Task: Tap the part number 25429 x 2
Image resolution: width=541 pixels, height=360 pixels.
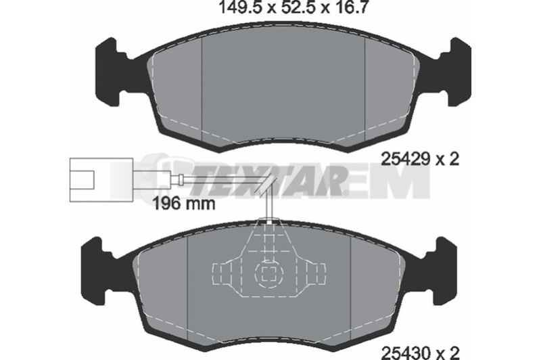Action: coord(420,160)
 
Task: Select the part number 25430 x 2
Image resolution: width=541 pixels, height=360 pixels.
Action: coord(420,353)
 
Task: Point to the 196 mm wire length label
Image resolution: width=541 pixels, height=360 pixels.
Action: coord(184,204)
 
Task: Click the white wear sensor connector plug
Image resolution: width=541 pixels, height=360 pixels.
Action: coord(101,179)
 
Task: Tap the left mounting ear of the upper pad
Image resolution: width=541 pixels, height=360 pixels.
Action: coord(111,73)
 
